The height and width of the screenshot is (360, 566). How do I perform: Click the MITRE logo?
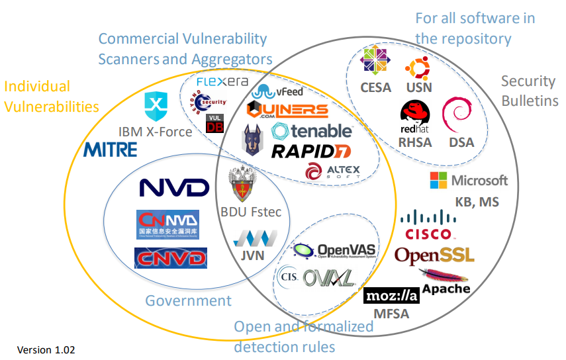[x=111, y=149]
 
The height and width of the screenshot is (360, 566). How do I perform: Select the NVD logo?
[x=174, y=187]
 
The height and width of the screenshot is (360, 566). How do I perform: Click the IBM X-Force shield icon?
[x=156, y=105]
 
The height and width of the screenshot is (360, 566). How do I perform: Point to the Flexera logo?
[x=222, y=82]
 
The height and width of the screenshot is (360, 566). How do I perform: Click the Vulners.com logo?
[x=287, y=111]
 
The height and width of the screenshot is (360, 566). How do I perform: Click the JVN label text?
[x=250, y=255]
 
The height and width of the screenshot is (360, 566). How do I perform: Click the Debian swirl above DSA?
[x=456, y=116]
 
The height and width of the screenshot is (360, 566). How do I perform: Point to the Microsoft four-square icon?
[x=438, y=180]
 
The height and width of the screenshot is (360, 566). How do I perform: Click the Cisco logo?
[x=428, y=225]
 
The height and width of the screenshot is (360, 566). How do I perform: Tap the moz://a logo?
[x=393, y=296]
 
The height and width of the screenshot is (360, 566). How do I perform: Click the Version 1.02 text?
[x=46, y=349]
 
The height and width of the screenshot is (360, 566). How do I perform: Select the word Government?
[x=189, y=301]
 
